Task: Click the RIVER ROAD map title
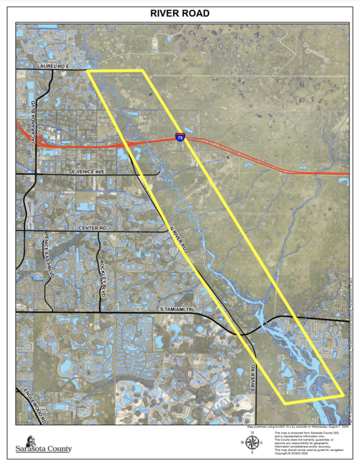179,13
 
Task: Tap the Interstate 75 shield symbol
179,136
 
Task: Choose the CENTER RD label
91,228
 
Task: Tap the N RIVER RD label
178,238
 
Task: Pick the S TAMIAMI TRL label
177,311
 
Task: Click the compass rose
253,443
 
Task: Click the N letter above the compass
253,432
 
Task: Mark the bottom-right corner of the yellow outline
343,394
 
